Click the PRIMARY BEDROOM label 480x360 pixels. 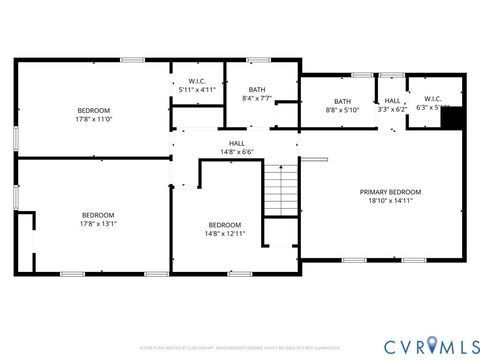click(391, 192)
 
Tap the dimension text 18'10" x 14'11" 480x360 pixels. click(391, 201)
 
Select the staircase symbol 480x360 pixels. click(281, 189)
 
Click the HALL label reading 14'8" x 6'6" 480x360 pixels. click(237, 143)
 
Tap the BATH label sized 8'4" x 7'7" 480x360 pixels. click(257, 89)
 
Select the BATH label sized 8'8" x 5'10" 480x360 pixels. click(343, 101)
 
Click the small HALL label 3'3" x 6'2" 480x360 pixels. click(392, 101)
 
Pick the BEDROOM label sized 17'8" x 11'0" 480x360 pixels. click(94, 110)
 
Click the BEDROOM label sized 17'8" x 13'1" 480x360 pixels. click(98, 215)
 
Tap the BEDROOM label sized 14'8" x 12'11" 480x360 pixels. click(224, 225)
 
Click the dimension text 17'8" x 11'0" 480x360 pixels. click(94, 119)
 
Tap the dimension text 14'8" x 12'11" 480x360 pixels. click(224, 233)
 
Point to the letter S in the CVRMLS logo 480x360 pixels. click(466, 345)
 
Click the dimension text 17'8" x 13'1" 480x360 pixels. click(98, 224)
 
